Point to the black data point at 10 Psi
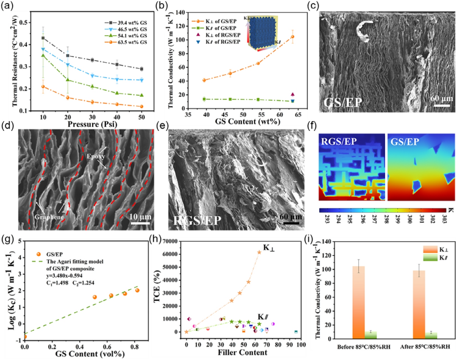[x=43, y=38]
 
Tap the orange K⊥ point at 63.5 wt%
[x=292, y=37]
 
